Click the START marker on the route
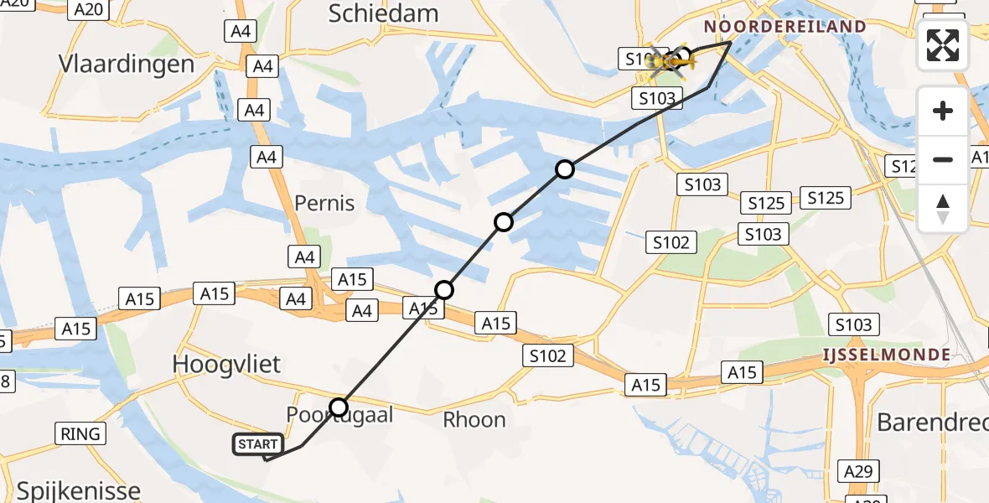[258, 444]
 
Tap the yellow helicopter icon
[668, 61]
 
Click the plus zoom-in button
[943, 111]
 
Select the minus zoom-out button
[943, 159]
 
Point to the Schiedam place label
[384, 13]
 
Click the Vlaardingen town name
[127, 64]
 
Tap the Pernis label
[324, 203]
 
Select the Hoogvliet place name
[226, 364]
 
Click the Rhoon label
[474, 419]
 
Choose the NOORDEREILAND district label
[784, 27]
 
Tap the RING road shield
[80, 433]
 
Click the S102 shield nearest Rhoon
[548, 355]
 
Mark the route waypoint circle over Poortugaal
[339, 408]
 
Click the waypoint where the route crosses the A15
[444, 290]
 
